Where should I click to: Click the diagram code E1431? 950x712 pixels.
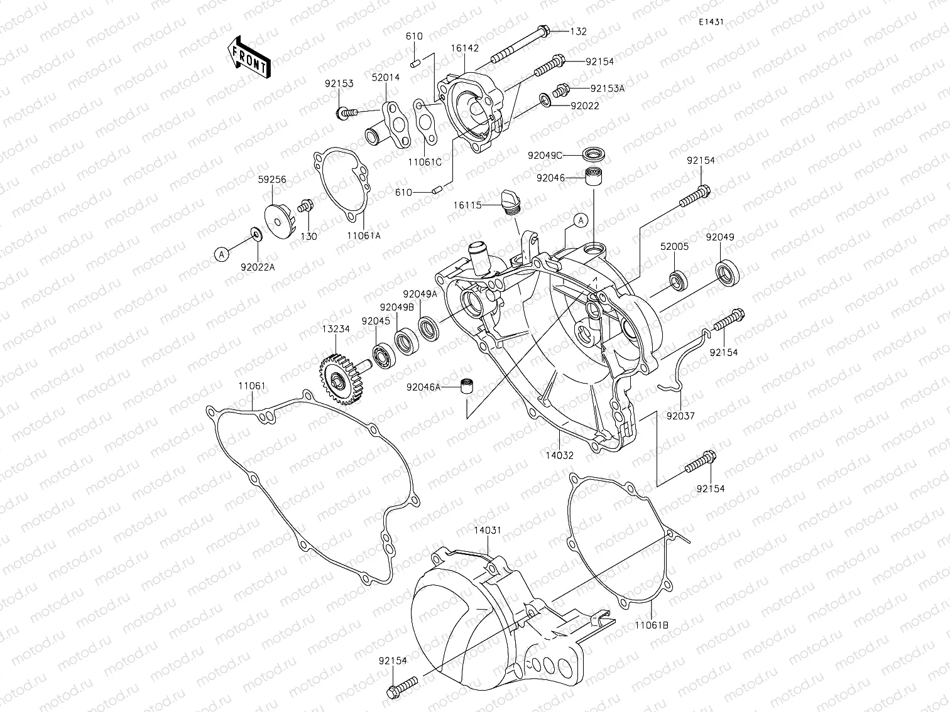(x=711, y=21)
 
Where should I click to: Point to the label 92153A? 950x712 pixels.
(x=608, y=89)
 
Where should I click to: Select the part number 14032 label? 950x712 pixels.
(x=559, y=456)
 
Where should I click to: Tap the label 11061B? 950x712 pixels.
(x=651, y=625)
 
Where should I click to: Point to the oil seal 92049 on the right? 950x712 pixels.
(x=728, y=274)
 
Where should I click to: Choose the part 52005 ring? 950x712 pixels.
(x=679, y=281)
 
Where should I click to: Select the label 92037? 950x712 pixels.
(x=680, y=415)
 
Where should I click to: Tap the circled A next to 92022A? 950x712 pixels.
(x=221, y=254)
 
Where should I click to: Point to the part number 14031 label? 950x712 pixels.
(x=487, y=531)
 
